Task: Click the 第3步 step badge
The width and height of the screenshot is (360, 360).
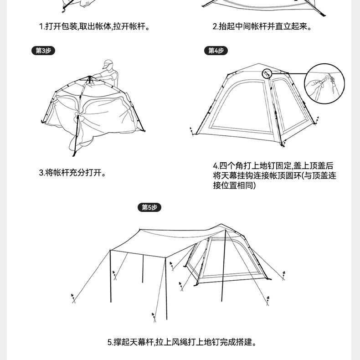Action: point(44,51)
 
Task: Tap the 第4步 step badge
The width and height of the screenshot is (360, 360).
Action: point(216,51)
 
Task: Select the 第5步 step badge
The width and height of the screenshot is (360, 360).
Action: point(149,208)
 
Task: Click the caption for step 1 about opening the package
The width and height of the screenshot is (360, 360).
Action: point(94,26)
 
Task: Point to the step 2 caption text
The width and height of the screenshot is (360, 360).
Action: point(262,26)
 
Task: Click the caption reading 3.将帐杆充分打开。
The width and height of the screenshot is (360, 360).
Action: point(72,173)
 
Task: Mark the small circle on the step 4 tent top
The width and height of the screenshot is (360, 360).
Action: point(267,73)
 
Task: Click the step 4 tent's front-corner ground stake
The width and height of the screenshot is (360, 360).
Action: point(284,144)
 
